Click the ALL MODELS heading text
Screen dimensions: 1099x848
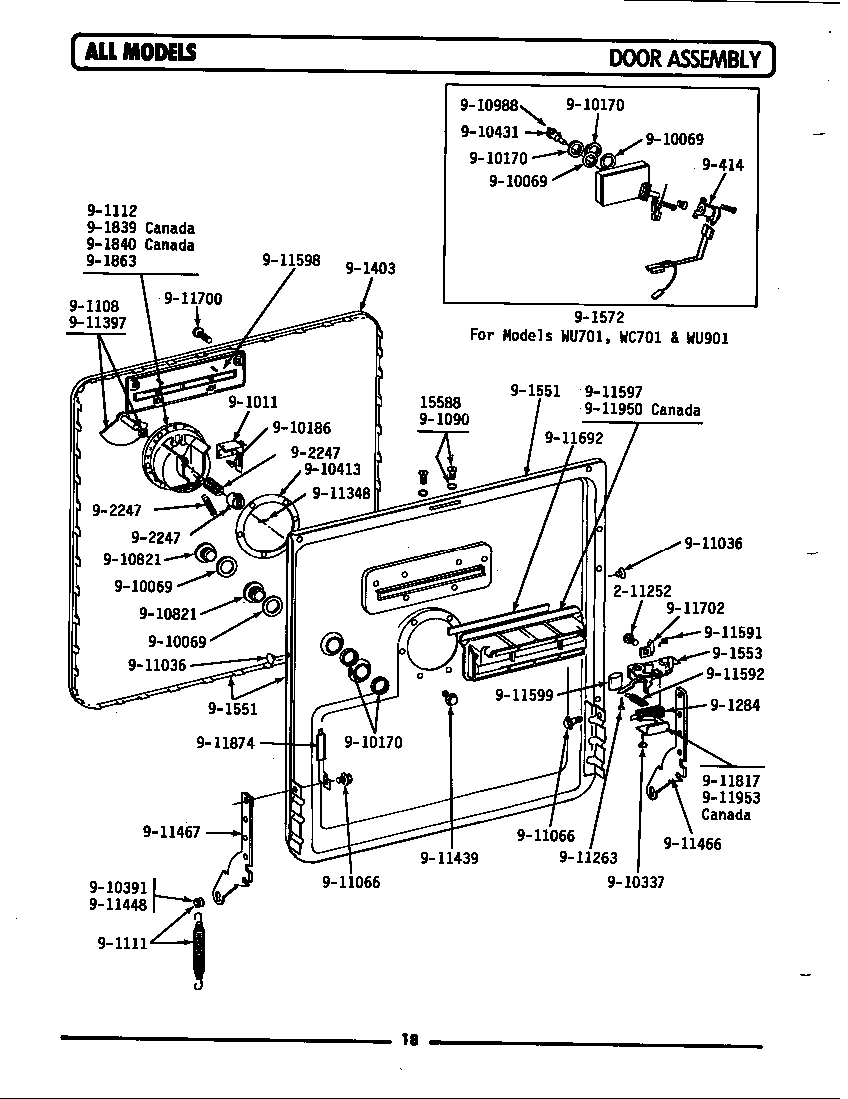[x=140, y=53]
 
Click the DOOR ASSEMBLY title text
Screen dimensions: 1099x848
[x=685, y=58]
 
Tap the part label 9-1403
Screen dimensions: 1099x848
[x=370, y=268]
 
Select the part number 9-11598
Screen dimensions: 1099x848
[x=291, y=260]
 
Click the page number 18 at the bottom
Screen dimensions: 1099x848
[x=409, y=1040]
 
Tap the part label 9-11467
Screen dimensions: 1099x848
[x=173, y=831]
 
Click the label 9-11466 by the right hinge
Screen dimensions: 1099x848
[x=692, y=844]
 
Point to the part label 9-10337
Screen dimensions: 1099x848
[x=636, y=882]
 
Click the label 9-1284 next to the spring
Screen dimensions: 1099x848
[x=735, y=705]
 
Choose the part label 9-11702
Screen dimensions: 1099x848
[x=695, y=608]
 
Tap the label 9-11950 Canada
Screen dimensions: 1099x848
[x=642, y=410]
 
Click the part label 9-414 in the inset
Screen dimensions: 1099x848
[x=722, y=165]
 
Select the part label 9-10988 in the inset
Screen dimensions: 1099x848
[x=489, y=104]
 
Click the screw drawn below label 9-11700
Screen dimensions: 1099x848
[x=200, y=332]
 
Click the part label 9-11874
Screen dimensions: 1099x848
[x=226, y=743]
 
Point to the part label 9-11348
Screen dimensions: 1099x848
[x=341, y=492]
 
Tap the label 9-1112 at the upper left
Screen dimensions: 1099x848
[x=111, y=211]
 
